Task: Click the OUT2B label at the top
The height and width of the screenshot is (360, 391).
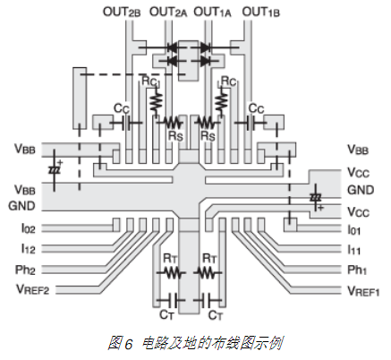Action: [x=122, y=13]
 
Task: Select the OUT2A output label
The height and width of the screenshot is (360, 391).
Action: [x=168, y=13]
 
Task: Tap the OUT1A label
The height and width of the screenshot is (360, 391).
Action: [x=212, y=13]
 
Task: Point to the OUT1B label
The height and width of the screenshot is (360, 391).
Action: [x=261, y=13]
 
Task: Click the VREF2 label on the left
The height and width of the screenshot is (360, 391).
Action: [x=32, y=289]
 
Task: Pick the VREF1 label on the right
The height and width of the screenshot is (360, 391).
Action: [x=363, y=291]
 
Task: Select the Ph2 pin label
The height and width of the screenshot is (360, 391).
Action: [x=25, y=270]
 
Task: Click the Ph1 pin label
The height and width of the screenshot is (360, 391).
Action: [x=357, y=270]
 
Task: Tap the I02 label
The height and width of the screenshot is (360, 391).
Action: [x=29, y=228]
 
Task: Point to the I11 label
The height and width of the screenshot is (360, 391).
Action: [x=354, y=250]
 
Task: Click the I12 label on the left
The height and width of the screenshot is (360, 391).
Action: [x=29, y=248]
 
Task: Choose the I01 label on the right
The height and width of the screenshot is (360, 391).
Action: [x=354, y=230]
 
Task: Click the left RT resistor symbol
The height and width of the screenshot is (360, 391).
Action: [x=172, y=272]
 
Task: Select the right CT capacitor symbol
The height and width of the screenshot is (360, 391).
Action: [x=208, y=301]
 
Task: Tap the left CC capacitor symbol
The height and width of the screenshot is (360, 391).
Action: [x=127, y=123]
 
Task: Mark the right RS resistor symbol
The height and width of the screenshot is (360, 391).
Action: [x=207, y=123]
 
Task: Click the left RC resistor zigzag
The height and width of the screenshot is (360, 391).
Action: [x=156, y=102]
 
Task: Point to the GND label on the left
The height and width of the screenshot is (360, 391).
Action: [x=21, y=206]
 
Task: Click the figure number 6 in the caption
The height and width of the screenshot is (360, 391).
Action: [x=128, y=344]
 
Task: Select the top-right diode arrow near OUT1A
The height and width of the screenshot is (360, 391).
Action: [x=205, y=47]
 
